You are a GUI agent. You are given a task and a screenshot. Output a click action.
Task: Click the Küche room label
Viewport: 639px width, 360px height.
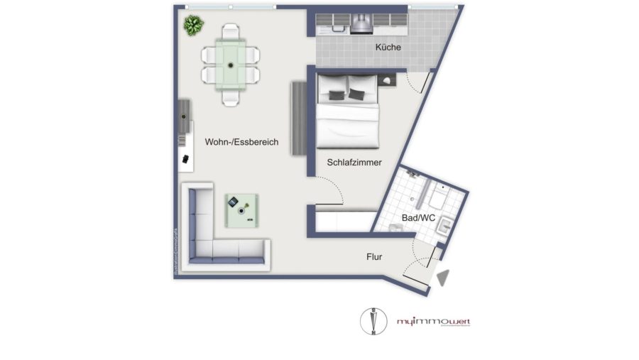pos(389,48)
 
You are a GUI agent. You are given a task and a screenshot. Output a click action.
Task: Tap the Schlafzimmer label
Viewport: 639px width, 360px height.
pos(354,163)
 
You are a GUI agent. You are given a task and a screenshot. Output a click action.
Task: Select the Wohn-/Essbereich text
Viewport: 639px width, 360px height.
pos(241,142)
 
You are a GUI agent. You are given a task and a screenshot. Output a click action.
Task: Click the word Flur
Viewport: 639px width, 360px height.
pos(375,257)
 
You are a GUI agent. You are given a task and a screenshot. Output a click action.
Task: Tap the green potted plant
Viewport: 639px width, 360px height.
pos(193,26)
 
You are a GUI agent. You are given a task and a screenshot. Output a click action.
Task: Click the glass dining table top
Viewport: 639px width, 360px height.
pos(231,65)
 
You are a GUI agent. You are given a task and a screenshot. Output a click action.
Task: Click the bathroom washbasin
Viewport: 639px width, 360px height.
pos(444,227)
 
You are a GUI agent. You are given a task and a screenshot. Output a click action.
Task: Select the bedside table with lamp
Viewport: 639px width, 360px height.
pos(388,81)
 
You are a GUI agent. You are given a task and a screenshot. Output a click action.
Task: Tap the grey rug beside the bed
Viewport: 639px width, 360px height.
pos(297,119)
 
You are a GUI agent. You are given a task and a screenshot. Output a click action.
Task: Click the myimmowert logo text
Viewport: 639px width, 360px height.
pos(433,322)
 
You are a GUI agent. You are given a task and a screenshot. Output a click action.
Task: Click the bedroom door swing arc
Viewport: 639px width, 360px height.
pos(328,186)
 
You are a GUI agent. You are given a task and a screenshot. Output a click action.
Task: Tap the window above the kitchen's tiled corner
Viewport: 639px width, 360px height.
pos(432,8)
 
